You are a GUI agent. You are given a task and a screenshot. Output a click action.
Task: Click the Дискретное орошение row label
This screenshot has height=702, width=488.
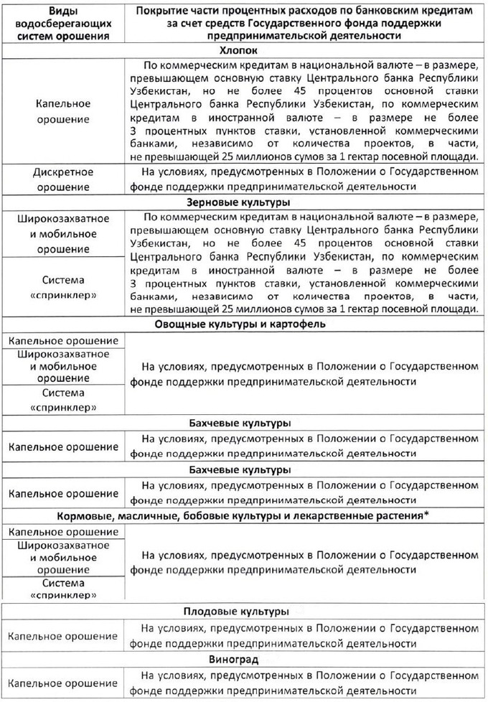(63, 179)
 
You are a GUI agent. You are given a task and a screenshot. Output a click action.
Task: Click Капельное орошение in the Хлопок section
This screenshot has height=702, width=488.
(63, 111)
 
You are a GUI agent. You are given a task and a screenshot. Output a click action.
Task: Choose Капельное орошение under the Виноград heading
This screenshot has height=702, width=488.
(63, 684)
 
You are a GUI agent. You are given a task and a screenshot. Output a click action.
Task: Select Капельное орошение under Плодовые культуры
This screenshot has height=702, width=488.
(63, 636)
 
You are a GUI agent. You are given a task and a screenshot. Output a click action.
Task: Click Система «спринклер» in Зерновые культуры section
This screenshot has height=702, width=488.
(63, 287)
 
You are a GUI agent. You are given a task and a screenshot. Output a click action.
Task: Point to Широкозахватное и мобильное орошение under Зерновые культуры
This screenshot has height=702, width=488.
(63, 232)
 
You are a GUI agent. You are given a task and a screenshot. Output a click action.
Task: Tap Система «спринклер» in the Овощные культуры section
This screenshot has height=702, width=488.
(63, 400)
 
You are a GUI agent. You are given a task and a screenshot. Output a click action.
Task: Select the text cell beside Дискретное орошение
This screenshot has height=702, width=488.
(304, 179)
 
